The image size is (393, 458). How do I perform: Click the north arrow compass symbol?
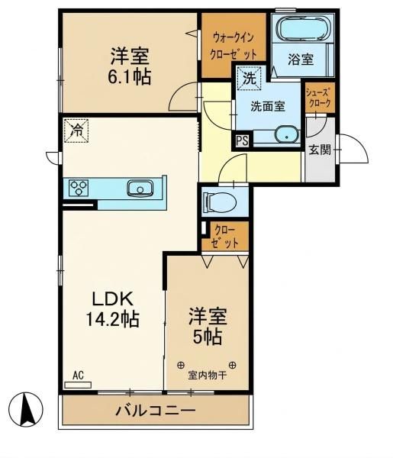[x=26, y=409]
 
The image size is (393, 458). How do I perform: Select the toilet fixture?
[x=221, y=202]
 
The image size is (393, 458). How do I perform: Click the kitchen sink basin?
[x=140, y=188]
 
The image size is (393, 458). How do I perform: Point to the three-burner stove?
[x=79, y=188]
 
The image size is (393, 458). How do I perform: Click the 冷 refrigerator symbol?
[x=76, y=131]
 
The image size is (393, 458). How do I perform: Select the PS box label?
[x=243, y=141]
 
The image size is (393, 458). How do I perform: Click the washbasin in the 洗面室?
[x=287, y=134]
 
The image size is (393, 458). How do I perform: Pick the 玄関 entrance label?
[x=321, y=150]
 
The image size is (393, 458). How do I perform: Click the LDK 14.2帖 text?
[x=112, y=308]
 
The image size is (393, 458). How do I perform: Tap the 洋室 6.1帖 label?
[x=130, y=66]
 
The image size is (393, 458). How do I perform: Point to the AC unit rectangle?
[x=78, y=385]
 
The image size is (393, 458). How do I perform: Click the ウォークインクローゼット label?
[x=234, y=46]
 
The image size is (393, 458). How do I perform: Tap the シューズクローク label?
[x=318, y=98]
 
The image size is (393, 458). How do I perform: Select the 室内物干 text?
[x=208, y=376]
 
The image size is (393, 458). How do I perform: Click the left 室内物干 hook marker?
[x=181, y=365]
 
